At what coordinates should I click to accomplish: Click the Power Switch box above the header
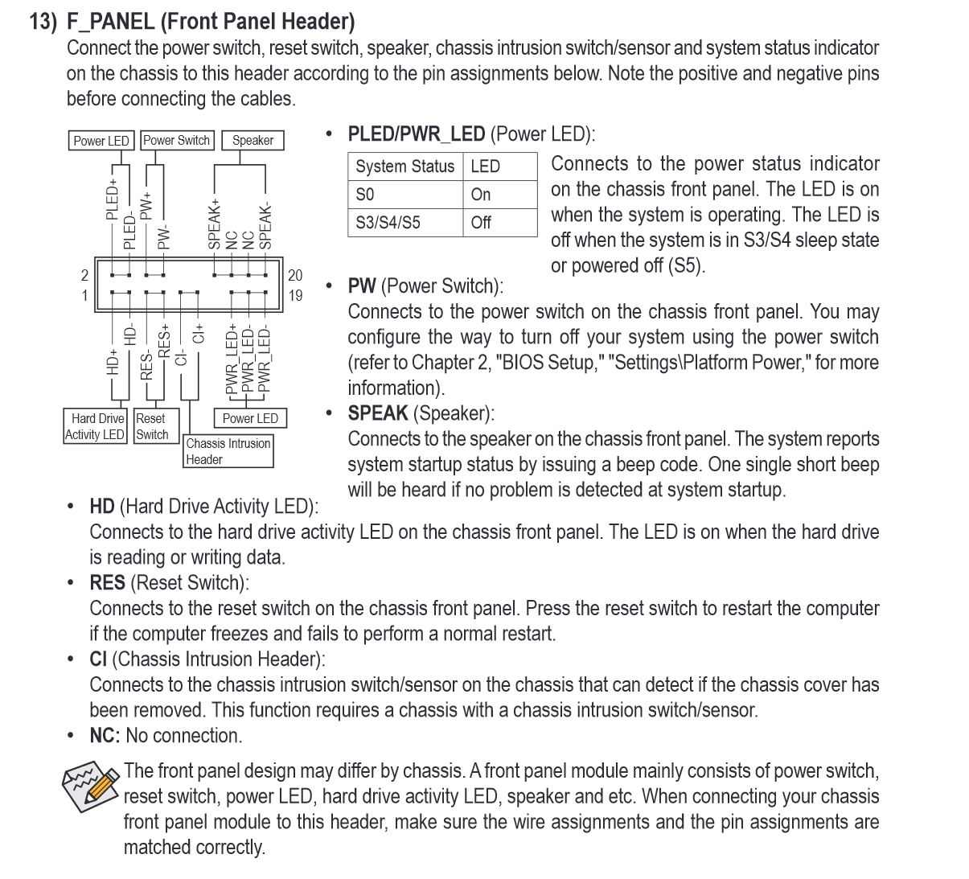pyautogui.click(x=176, y=140)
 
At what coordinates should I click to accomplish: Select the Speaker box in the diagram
pyautogui.click(x=253, y=140)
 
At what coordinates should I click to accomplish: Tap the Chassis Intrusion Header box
pyautogui.click(x=228, y=451)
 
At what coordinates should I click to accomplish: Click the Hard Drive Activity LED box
pyautogui.click(x=96, y=426)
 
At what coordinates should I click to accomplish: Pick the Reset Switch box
pyautogui.click(x=151, y=426)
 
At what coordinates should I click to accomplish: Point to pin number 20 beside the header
pyautogui.click(x=295, y=275)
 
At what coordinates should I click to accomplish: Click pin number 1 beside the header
pyautogui.click(x=84, y=295)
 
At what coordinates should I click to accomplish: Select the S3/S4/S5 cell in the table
pyautogui.click(x=388, y=223)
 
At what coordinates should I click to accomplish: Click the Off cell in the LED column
pyautogui.click(x=481, y=223)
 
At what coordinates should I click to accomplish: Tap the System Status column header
pyautogui.click(x=404, y=166)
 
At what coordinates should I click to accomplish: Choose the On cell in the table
pyautogui.click(x=481, y=195)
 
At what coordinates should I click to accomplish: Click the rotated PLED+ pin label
pyautogui.click(x=113, y=199)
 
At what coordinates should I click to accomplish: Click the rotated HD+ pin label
pyautogui.click(x=113, y=361)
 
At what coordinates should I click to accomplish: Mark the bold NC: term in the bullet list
pyautogui.click(x=105, y=736)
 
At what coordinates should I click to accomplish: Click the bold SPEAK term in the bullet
pyautogui.click(x=377, y=413)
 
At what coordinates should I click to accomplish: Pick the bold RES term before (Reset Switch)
pyautogui.click(x=107, y=583)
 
